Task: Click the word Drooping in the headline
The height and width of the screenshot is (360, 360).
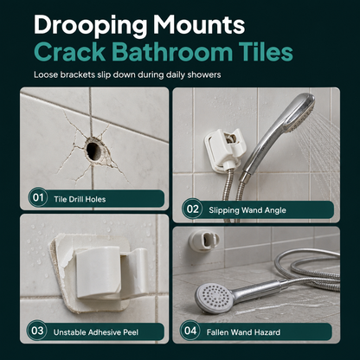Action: (x=91, y=25)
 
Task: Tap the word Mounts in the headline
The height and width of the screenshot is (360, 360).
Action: (x=199, y=25)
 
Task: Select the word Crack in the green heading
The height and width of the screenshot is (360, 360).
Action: (x=70, y=52)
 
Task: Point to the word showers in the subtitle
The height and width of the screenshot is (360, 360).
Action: (x=204, y=74)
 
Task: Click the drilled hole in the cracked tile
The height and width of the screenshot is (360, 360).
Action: (x=93, y=151)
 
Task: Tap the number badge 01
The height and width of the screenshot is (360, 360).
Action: (x=38, y=197)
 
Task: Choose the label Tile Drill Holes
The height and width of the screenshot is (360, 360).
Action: (x=80, y=199)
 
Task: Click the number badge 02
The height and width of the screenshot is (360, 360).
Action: (x=192, y=209)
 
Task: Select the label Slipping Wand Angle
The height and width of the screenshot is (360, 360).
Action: (x=247, y=210)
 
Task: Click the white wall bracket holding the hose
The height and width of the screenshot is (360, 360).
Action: (x=223, y=151)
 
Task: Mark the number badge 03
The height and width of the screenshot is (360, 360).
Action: (x=37, y=331)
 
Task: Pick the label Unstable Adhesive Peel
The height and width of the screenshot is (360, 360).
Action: (x=96, y=332)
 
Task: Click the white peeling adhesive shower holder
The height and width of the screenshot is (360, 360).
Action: (x=101, y=273)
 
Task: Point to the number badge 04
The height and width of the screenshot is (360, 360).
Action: (x=190, y=331)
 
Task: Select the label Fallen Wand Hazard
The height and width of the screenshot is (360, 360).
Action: (x=243, y=332)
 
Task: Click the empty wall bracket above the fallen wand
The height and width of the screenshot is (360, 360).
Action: (x=204, y=240)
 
